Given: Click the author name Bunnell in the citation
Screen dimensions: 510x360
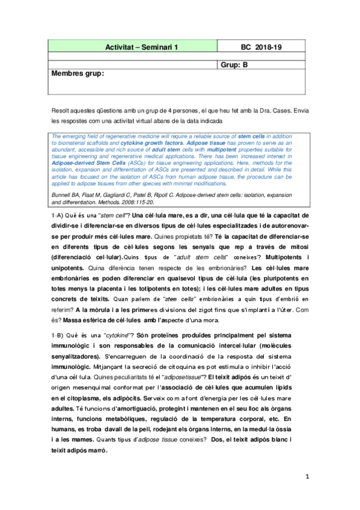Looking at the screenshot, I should coord(64,197).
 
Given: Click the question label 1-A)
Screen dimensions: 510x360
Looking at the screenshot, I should coord(61,215).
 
